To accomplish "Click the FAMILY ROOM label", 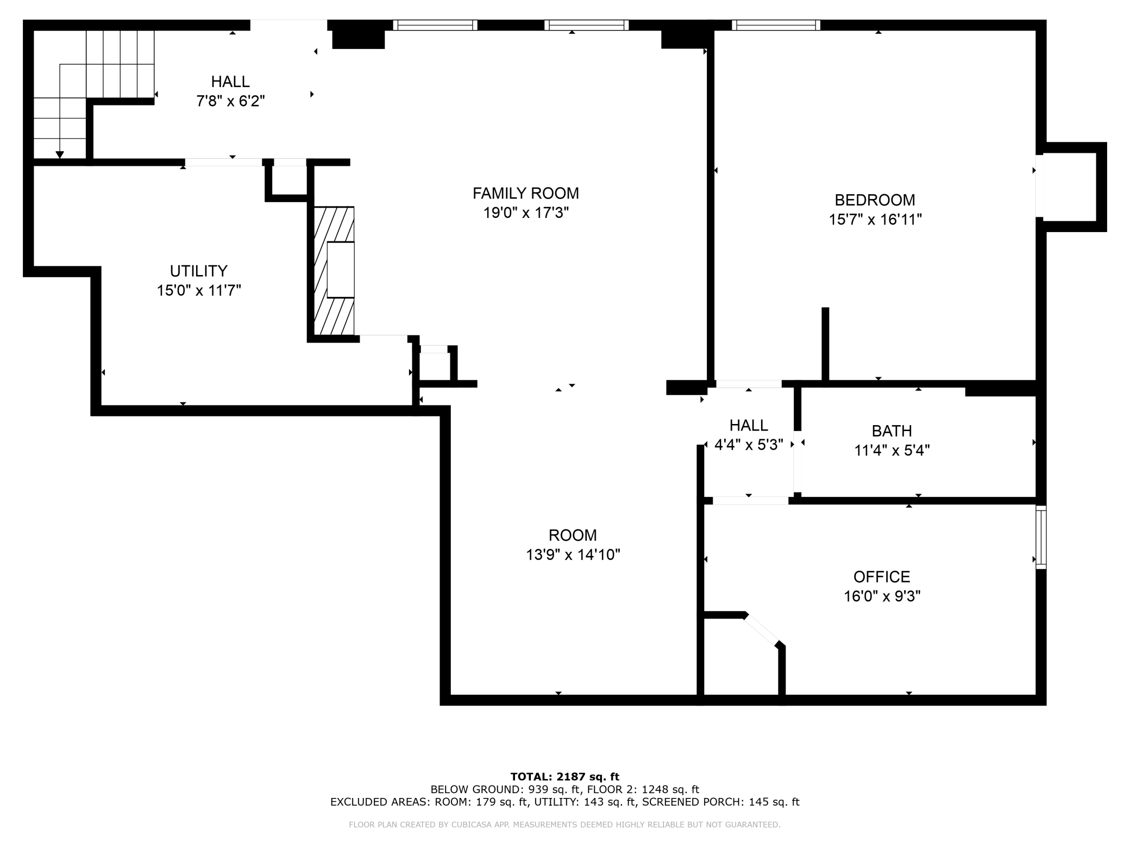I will (x=525, y=194).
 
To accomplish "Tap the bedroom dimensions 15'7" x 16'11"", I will (x=875, y=220).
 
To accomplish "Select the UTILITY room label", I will (x=198, y=271).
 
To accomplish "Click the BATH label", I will (x=892, y=431).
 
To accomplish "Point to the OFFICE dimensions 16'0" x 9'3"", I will (x=882, y=596).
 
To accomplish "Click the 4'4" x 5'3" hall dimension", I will (x=748, y=445).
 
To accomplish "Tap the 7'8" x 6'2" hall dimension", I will (x=230, y=101).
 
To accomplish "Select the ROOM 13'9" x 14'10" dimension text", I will (x=573, y=555).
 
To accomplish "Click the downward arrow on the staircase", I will (x=60, y=154).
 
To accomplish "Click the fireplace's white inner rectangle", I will (x=341, y=270).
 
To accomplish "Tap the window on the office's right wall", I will (x=1040, y=537).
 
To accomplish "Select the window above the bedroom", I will (x=776, y=25).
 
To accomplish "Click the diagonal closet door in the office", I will (x=762, y=631).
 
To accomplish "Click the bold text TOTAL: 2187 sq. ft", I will (x=564, y=777).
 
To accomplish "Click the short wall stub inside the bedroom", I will (x=825, y=344).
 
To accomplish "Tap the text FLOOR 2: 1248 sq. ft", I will (x=643, y=789).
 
